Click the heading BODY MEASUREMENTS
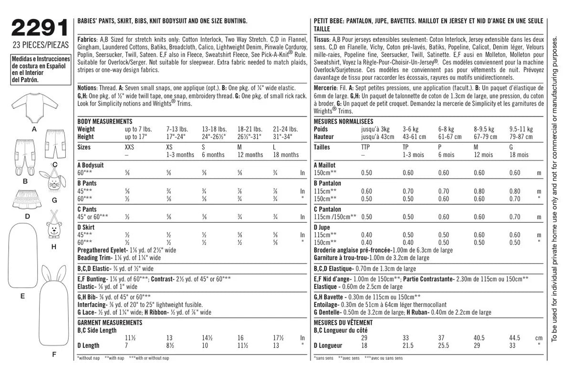tap(104, 122)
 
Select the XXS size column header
tap(129, 148)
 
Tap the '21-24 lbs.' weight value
tap(285, 129)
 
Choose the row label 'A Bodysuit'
tap(90, 165)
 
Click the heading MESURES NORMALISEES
tap(343, 122)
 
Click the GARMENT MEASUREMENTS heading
tap(110, 323)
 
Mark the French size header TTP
tap(366, 148)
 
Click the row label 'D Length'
tap(89, 345)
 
